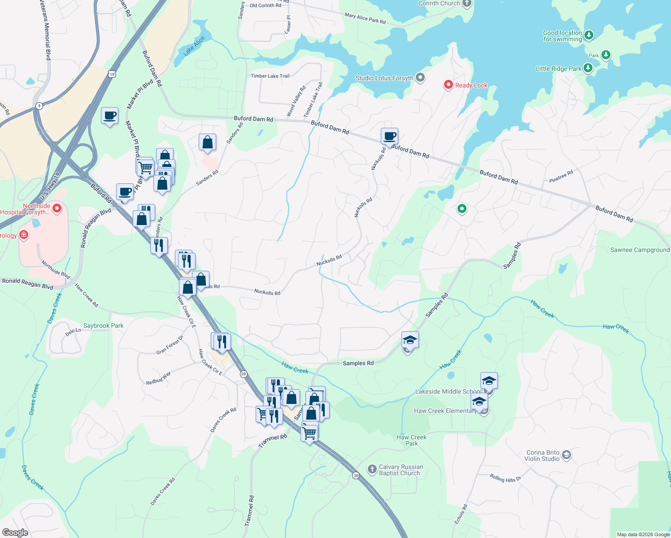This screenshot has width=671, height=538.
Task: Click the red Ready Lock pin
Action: (x=448, y=85)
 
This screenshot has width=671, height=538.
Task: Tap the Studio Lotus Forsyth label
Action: (x=384, y=78)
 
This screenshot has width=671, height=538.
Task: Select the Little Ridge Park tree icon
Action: (x=588, y=68)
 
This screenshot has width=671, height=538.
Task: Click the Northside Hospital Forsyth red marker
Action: (x=57, y=208)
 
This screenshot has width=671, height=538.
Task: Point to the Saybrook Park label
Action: (x=103, y=326)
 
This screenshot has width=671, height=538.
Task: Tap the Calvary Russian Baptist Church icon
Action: (x=372, y=469)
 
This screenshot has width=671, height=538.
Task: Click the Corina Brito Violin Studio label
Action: (x=542, y=456)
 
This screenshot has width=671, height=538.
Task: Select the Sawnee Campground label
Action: (x=640, y=250)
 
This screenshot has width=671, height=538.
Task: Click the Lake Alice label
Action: (x=194, y=46)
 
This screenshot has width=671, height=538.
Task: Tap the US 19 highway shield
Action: (x=112, y=74)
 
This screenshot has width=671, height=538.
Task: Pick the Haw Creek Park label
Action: (x=411, y=440)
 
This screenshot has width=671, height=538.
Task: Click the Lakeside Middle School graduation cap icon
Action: (x=488, y=381)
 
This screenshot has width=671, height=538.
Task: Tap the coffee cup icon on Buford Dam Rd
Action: (x=389, y=135)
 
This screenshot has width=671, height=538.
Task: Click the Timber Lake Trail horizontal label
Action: (x=270, y=76)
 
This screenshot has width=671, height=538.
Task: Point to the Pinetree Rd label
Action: (x=561, y=177)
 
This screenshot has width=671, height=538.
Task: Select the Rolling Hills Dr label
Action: (x=505, y=478)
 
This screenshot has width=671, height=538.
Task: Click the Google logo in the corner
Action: (x=15, y=532)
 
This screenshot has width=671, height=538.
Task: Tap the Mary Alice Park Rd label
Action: (x=365, y=18)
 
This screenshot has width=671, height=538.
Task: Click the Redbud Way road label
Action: (x=158, y=378)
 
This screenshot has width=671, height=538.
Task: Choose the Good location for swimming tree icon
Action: (x=589, y=35)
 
